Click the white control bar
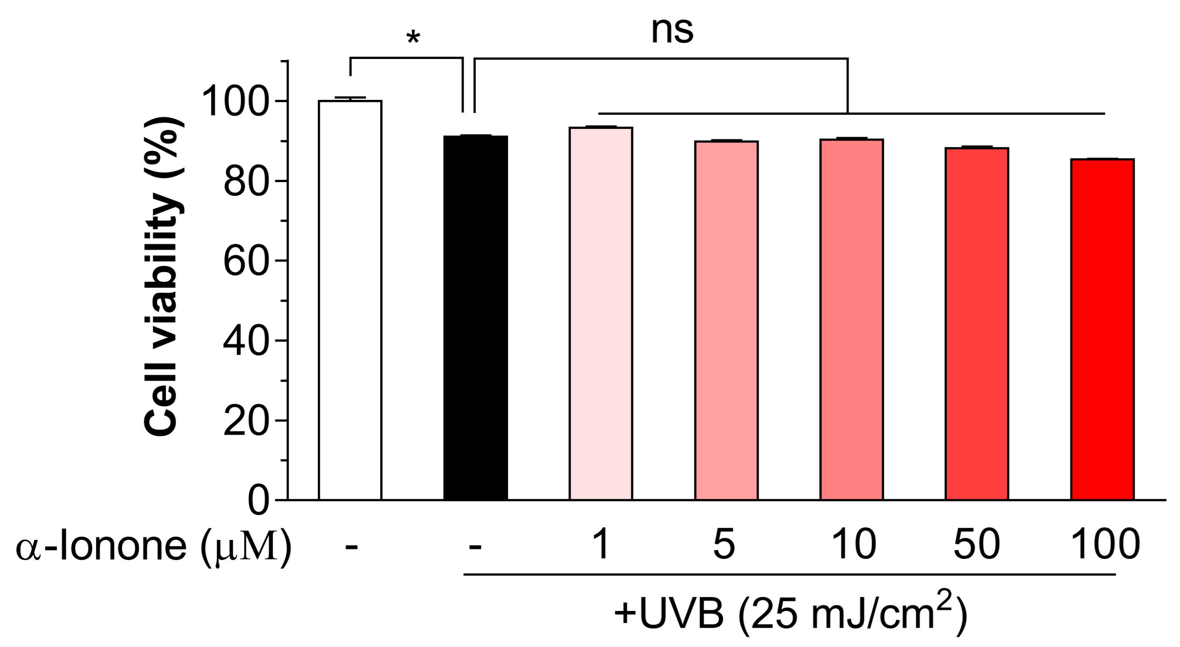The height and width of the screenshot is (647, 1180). (x=350, y=300)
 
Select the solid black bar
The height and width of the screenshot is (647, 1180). (x=475, y=318)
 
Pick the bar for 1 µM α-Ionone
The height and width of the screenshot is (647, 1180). (x=601, y=313)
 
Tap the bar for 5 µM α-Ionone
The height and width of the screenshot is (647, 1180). (x=726, y=320)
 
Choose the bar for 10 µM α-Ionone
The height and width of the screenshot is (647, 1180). (x=851, y=320)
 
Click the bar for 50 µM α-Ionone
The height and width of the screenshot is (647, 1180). (x=977, y=323)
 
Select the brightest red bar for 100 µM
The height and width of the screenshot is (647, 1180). (x=1102, y=329)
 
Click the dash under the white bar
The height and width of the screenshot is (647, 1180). (x=351, y=547)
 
